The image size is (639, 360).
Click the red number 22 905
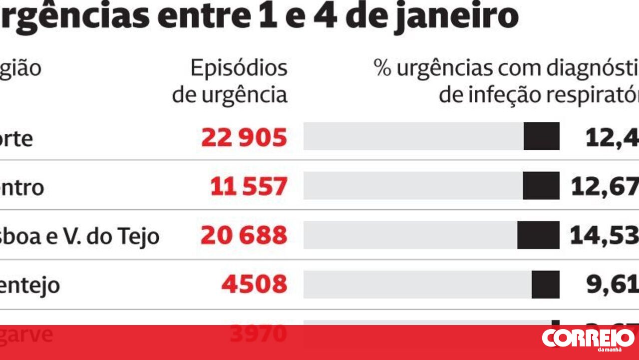244,137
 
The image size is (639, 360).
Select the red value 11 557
249,187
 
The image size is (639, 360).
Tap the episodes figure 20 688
244,235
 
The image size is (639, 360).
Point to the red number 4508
255,285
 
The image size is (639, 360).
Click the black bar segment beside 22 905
542,136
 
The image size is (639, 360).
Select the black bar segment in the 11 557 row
541,186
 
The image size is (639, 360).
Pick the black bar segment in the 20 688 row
538,235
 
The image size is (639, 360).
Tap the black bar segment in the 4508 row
545,285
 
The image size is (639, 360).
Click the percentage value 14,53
604,236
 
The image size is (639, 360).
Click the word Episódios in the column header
239,68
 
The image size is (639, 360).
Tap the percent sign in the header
382,68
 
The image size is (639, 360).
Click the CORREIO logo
588,339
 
